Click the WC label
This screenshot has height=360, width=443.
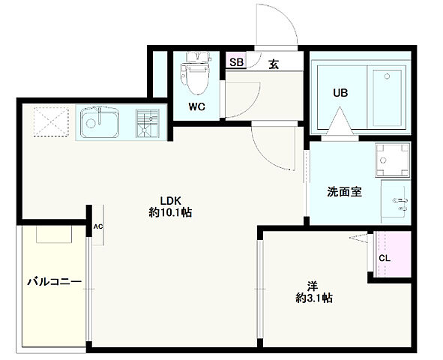196,106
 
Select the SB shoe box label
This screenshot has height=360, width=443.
236,62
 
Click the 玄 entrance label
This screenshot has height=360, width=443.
274,63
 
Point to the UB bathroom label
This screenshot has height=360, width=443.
340,93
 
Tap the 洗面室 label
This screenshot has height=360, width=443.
344,190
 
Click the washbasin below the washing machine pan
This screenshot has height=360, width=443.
398,201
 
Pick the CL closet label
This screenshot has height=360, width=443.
384,259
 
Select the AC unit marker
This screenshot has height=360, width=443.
97,226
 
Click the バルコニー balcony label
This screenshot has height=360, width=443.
53,282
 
